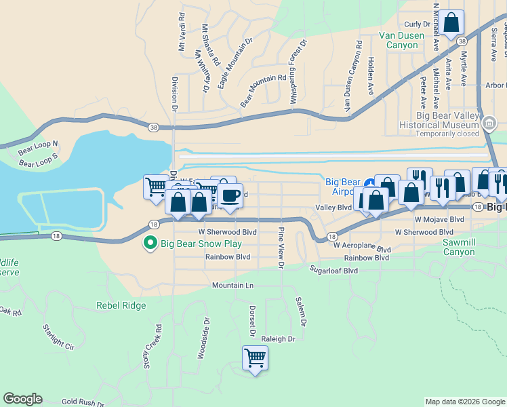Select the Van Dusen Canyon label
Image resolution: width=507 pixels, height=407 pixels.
tap(398, 40)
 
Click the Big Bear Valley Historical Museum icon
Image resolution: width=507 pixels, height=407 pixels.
tap(489, 123)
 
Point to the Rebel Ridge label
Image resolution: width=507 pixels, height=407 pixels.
tap(121, 306)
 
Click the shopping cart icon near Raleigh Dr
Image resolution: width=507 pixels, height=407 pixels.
tap(255, 357)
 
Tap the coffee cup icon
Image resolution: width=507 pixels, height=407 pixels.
tap(230, 196)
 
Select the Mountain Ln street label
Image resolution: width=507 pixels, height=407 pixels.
tap(232, 286)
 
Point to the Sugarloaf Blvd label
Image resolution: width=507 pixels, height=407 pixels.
tap(333, 270)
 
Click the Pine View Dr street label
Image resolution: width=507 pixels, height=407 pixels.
tap(280, 248)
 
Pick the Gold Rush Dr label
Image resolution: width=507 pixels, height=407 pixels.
tap(83, 402)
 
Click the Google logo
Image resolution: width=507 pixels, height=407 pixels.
tap(22, 399)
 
